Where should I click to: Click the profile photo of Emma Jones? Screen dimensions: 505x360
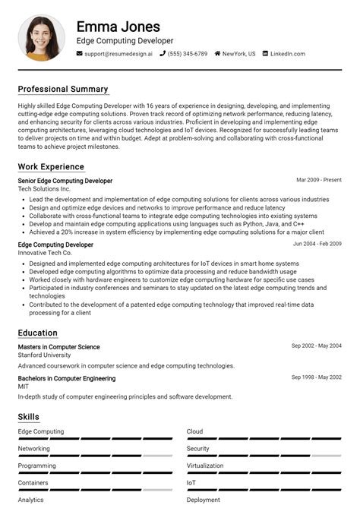click(x=41, y=37)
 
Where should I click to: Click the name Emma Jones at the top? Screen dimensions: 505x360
click(x=118, y=27)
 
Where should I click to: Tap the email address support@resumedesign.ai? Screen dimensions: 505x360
click(x=118, y=54)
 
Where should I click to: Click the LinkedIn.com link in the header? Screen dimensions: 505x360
click(x=287, y=54)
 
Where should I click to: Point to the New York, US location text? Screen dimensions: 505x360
click(x=238, y=54)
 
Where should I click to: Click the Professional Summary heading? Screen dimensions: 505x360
click(x=63, y=89)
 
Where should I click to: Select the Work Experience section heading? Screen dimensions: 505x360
click(x=51, y=166)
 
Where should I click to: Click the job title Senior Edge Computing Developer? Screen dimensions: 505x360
click(x=65, y=181)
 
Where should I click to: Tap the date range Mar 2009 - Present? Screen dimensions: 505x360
click(x=319, y=181)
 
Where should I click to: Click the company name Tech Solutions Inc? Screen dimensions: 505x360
click(x=49, y=188)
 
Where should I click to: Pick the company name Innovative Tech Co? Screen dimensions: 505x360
click(x=50, y=252)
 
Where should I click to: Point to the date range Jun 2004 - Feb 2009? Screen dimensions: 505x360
click(x=317, y=245)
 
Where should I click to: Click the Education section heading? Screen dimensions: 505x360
click(x=38, y=333)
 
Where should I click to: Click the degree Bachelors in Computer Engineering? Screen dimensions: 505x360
click(x=67, y=378)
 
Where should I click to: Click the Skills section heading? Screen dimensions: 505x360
click(x=29, y=417)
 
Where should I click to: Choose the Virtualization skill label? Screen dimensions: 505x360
click(x=205, y=466)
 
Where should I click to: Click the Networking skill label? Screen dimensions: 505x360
click(x=34, y=449)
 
